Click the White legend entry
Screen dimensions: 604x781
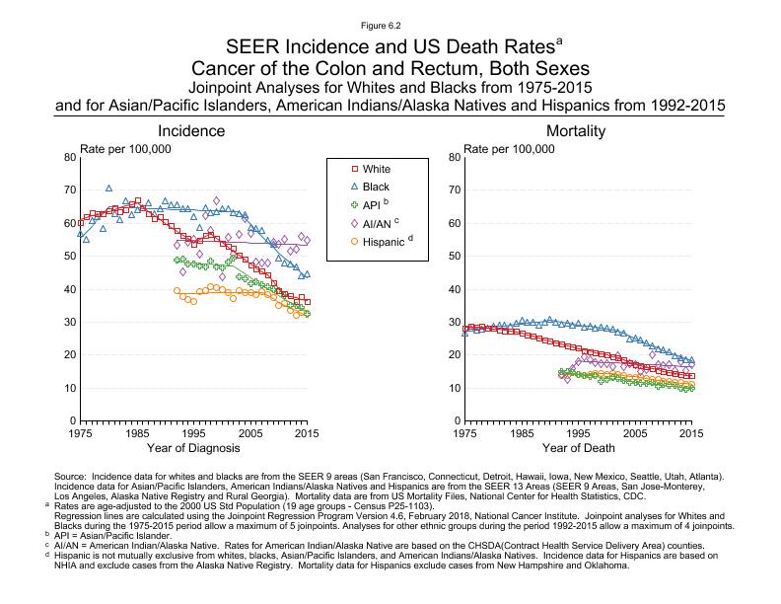[x=368, y=170]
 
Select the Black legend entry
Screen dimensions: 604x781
[x=368, y=188]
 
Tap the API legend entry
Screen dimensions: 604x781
[x=366, y=205]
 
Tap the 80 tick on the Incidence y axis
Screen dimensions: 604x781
[x=69, y=157]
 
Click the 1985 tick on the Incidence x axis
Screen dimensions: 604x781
[x=137, y=433]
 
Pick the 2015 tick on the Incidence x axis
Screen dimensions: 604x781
[x=310, y=433]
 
